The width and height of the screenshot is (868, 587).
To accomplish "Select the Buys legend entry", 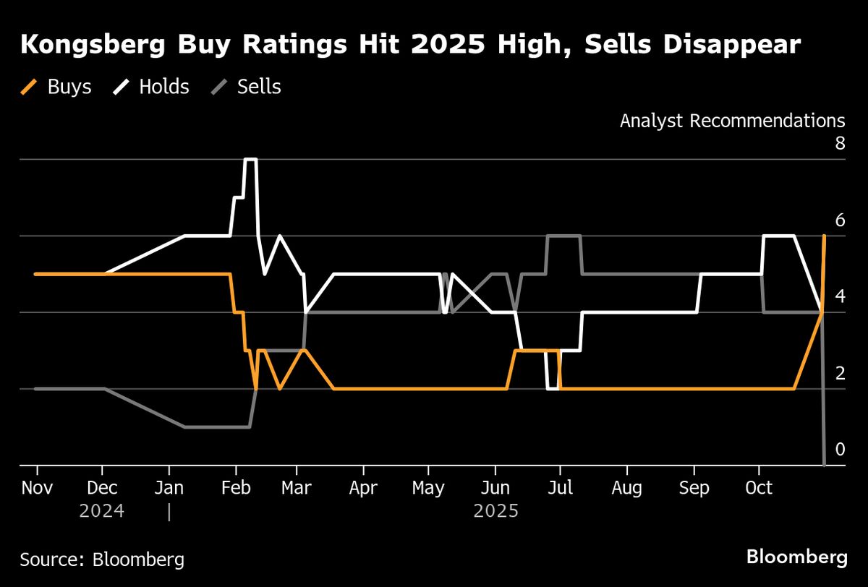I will tap(56, 87).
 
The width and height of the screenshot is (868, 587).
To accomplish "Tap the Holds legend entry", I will tap(151, 87).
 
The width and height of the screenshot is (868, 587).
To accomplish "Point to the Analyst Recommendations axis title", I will tap(732, 121).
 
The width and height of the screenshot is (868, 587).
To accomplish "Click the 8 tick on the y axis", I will tap(839, 143).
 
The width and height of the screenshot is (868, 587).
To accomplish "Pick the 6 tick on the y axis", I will tap(839, 220).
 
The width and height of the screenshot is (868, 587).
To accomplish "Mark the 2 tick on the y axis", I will tap(839, 374).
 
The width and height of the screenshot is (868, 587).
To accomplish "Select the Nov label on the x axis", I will tap(36, 488).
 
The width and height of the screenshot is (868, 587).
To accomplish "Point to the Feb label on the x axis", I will tap(234, 488).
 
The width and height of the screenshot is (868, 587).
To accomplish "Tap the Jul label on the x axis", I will tap(560, 488).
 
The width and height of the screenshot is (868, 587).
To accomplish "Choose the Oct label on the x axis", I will tap(759, 488).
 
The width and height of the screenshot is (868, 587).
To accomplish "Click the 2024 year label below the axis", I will tap(102, 511).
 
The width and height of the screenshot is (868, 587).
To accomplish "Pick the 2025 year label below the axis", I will tap(496, 511).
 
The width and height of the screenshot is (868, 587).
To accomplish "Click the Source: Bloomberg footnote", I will tap(102, 559).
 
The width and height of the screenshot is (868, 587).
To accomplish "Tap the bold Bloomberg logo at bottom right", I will tap(796, 557).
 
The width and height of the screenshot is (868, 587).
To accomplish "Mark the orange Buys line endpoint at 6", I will tap(824, 236).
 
